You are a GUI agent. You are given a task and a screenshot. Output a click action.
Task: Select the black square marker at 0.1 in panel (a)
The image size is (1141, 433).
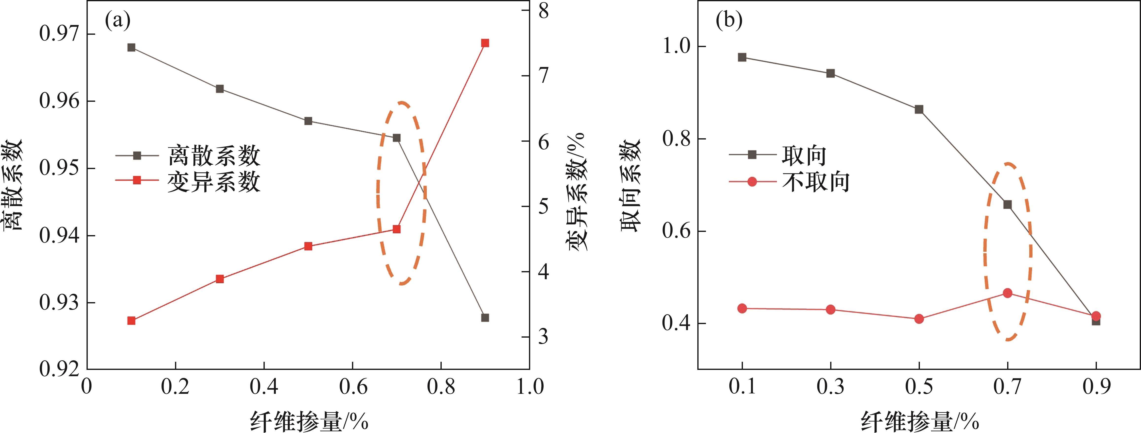[x=131, y=47]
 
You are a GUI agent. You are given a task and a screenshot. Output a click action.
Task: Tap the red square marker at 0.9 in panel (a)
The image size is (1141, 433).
[x=485, y=43]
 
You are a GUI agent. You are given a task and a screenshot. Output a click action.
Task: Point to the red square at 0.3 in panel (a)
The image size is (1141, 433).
[x=220, y=279]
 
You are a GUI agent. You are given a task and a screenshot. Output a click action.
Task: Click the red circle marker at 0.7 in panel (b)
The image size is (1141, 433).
[x=1008, y=293]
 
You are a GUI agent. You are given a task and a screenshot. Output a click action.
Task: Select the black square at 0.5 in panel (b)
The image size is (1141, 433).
[x=919, y=109]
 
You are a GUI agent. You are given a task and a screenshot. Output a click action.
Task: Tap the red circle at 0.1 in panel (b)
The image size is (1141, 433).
[x=742, y=308]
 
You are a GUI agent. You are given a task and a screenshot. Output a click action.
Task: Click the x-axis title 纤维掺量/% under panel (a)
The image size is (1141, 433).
[x=309, y=421]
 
